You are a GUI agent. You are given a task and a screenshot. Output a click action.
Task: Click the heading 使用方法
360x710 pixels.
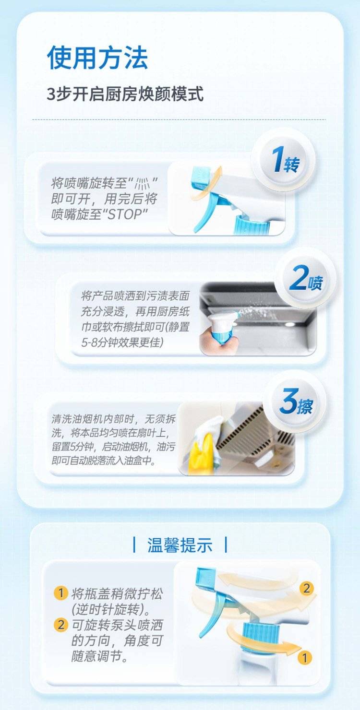pos(97,58)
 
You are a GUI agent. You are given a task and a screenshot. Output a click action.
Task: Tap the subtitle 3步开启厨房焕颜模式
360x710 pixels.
pos(125,94)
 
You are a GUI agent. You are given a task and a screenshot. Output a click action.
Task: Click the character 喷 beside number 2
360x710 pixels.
pos(315,283)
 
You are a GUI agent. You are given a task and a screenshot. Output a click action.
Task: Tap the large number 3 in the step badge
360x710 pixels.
pos(288,402)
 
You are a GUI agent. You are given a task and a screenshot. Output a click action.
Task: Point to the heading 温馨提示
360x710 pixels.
pos(180,544)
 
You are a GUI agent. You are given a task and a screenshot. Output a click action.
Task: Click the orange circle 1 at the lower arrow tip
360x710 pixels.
pos(304,658)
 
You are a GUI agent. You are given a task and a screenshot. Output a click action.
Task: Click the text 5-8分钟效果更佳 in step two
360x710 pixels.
pos(122,343)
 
